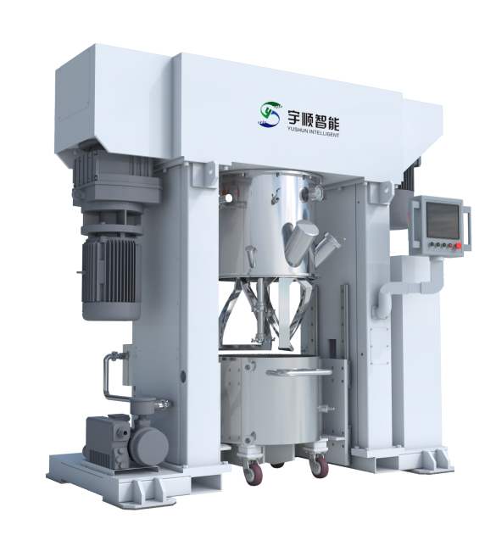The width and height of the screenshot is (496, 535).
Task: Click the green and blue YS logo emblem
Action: [269, 114]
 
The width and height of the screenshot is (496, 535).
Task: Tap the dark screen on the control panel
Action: [443, 220]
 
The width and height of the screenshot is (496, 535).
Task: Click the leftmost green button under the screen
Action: [432, 243]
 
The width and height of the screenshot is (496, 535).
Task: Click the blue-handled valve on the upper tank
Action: [275, 198]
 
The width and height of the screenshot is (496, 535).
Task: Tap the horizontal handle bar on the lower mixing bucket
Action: [298, 372]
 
